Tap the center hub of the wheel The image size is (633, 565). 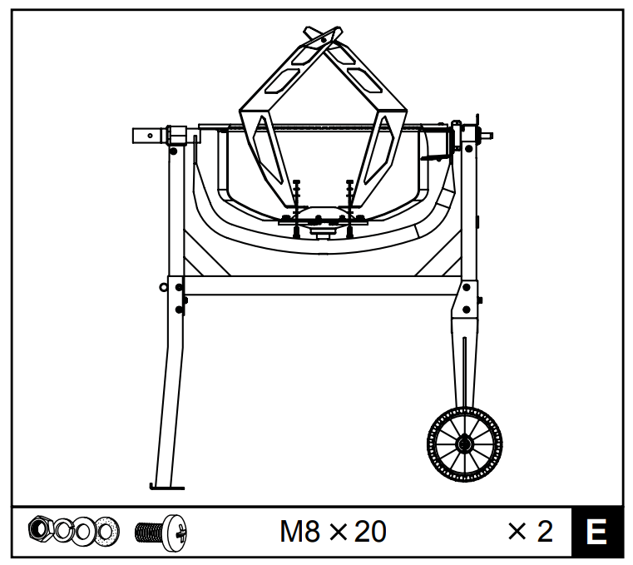coord(464,444)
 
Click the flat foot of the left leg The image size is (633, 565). coord(166,487)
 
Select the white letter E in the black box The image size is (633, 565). coord(596,532)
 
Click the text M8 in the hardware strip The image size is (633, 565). coord(299,532)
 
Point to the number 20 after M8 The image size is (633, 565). coord(370,532)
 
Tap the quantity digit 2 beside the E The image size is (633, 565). coord(545,532)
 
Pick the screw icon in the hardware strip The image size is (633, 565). coord(161,533)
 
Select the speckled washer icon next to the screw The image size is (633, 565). coord(106,530)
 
